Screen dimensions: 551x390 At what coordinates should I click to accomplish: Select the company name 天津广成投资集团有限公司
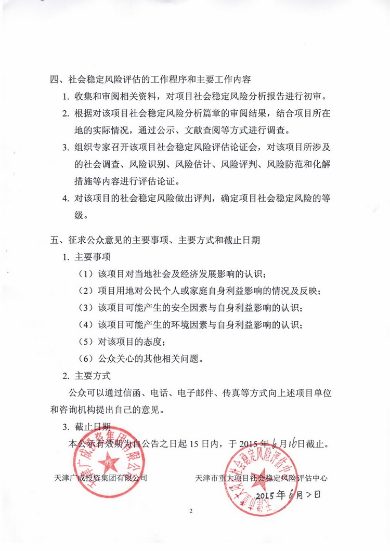click(100, 478)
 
